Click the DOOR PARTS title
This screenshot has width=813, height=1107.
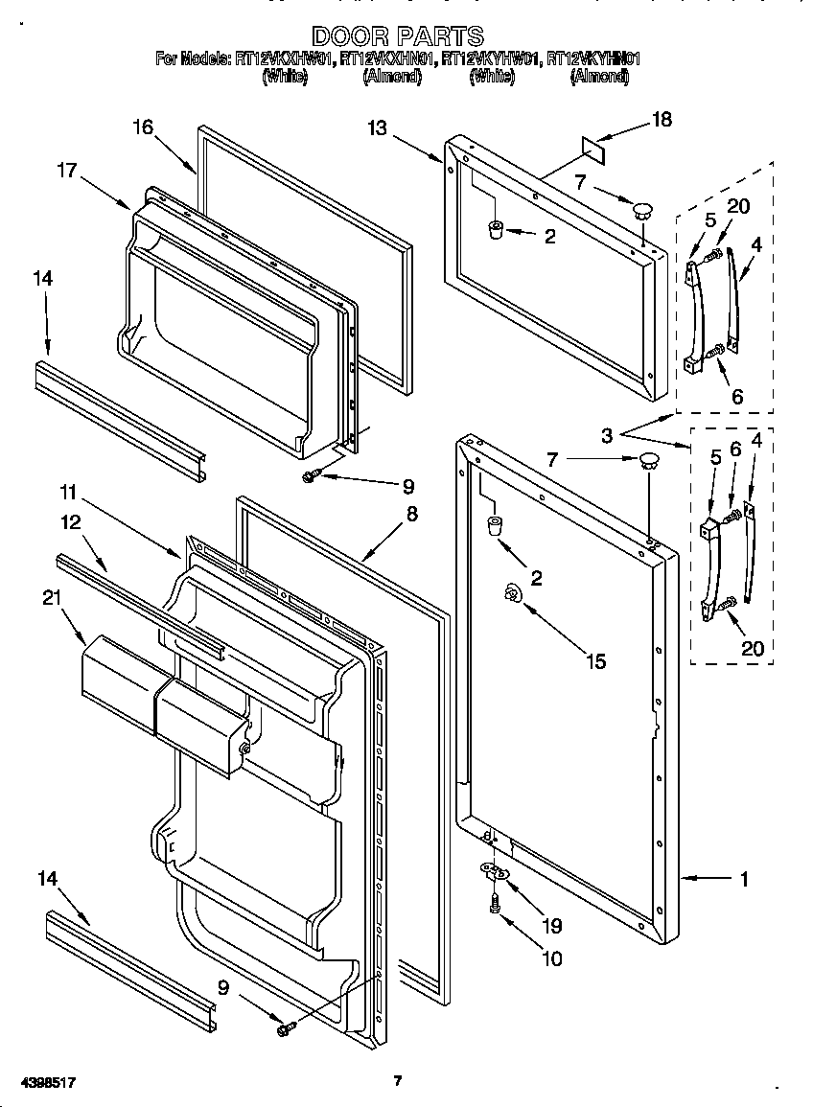pos(398,37)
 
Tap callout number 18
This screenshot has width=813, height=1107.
pos(662,120)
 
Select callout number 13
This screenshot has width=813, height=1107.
pos(377,127)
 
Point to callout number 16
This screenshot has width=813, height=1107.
pos(142,127)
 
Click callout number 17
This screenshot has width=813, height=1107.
pos(66,171)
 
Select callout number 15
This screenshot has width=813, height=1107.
pos(595,661)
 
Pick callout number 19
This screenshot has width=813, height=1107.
pos(552,926)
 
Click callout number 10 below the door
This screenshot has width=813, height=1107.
pos(552,957)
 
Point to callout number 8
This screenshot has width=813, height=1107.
pos(411,514)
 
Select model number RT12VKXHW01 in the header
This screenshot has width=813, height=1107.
pos(285,58)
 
